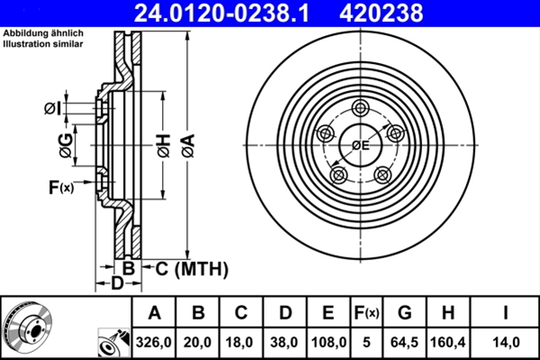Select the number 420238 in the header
(x=405, y=13)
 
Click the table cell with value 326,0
(x=155, y=342)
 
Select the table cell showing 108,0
(x=328, y=342)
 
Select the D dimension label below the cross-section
(x=116, y=283)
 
